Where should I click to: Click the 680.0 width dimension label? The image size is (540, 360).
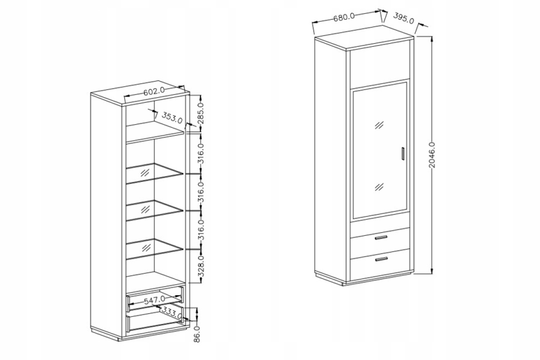tap(344, 17)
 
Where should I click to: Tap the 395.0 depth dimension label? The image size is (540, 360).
tap(404, 18)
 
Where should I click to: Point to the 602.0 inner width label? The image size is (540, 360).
tap(154, 91)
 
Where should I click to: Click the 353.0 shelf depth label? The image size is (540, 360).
tap(172, 117)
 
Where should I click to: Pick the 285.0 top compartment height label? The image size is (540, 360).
tap(201, 113)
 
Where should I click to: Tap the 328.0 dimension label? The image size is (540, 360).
tap(201, 266)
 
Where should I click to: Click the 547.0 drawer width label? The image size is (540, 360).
tap(154, 300)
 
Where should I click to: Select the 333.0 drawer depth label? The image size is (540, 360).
tap(171, 312)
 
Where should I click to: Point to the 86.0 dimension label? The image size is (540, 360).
tap(197, 334)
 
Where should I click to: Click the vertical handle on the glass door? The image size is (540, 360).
tap(403, 153)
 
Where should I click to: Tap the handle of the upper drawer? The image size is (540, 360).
tap(381, 238)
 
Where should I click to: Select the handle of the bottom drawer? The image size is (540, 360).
tap(382, 259)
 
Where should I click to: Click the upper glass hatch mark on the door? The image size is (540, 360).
tap(379, 125)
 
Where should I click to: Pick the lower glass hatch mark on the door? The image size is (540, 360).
tap(379, 187)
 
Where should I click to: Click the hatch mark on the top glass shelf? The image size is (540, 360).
tap(144, 173)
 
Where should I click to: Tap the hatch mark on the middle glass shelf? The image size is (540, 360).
tap(145, 210)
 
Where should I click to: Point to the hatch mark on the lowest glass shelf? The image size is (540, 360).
tap(146, 248)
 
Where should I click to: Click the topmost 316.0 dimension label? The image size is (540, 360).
tap(201, 153)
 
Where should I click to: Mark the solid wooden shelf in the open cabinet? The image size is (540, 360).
tap(155, 132)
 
